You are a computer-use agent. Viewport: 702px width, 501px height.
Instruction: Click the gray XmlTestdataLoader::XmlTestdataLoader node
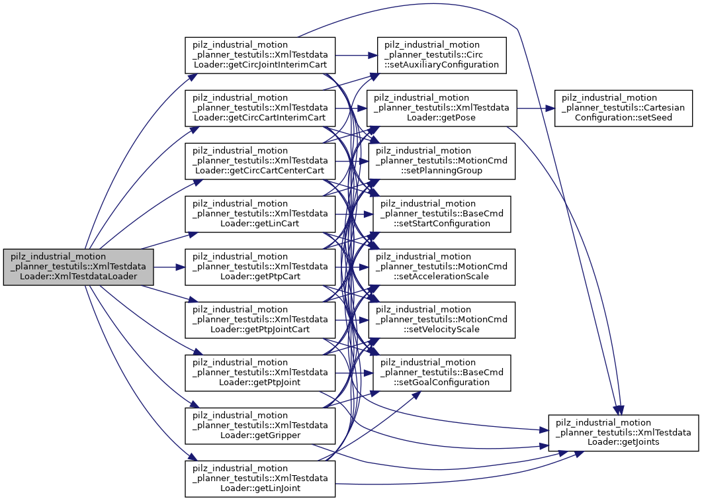click(79, 267)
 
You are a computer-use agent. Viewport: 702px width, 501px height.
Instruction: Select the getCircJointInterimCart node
click(260, 55)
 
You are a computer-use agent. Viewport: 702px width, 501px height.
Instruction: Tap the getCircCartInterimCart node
click(260, 108)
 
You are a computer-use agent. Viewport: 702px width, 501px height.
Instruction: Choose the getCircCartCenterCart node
click(260, 161)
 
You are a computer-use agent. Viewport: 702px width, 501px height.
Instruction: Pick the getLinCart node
click(260, 214)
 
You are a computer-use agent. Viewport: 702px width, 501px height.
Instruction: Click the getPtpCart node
click(260, 267)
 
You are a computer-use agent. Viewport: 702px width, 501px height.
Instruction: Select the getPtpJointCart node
click(260, 320)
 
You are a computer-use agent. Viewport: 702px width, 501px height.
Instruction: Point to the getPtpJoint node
click(260, 373)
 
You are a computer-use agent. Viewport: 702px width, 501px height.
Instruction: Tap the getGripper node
click(260, 426)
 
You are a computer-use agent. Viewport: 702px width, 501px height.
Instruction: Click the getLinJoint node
click(260, 478)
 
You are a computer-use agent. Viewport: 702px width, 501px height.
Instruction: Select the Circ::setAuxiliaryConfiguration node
click(441, 55)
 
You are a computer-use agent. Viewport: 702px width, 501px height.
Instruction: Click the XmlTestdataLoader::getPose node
click(441, 108)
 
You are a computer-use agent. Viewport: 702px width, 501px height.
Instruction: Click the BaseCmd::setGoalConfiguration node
click(441, 373)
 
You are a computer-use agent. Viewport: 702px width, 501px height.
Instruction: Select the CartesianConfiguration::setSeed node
click(623, 108)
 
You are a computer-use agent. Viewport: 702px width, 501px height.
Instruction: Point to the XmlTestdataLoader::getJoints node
click(623, 433)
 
